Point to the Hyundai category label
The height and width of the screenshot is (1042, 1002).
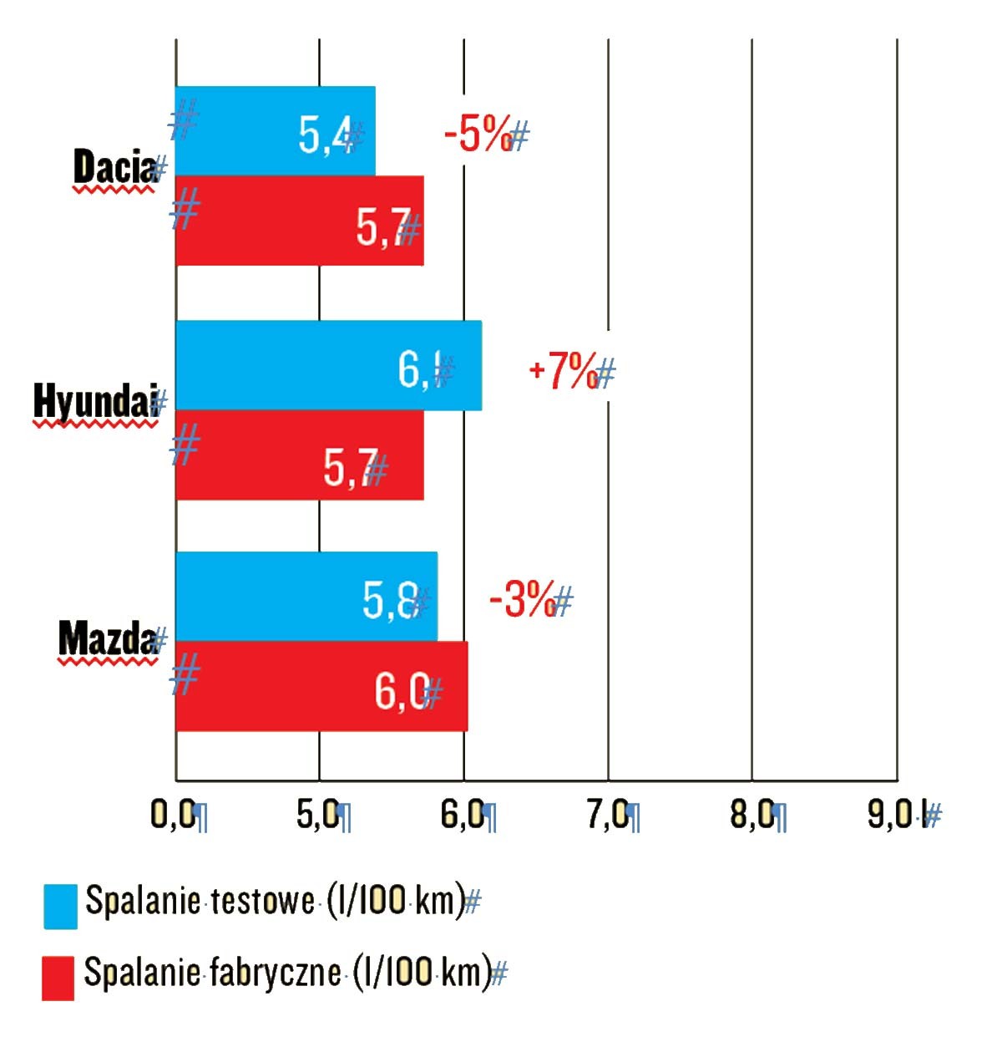[x=94, y=402]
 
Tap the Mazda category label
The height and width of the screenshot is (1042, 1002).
[x=107, y=639]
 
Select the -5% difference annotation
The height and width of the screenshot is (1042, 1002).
[x=478, y=134]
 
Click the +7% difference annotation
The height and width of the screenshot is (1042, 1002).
[x=564, y=370]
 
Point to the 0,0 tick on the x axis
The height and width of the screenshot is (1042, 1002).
[x=173, y=814]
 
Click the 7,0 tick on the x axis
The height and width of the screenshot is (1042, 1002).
[x=607, y=814]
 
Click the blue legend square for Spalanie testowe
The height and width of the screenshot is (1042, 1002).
[x=60, y=907]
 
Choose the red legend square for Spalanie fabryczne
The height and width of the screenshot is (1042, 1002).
[x=58, y=978]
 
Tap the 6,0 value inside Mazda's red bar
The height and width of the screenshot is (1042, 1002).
[x=402, y=691]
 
